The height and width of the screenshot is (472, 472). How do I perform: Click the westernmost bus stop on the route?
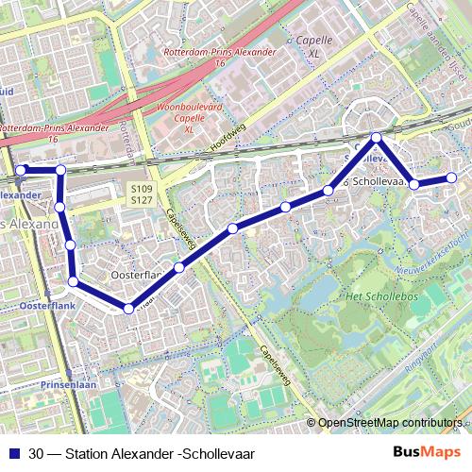(x=19, y=170)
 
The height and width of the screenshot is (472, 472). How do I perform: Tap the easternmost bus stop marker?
(x=451, y=177)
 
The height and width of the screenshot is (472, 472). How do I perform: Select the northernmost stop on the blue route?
(x=376, y=139)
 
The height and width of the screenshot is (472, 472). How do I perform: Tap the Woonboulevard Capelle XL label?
(x=188, y=118)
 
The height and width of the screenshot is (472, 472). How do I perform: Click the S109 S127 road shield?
(x=142, y=194)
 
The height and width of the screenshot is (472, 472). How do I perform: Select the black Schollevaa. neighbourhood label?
(x=382, y=179)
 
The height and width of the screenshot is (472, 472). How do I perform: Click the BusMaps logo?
(x=426, y=452)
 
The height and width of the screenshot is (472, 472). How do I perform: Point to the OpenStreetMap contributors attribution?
(x=389, y=422)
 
